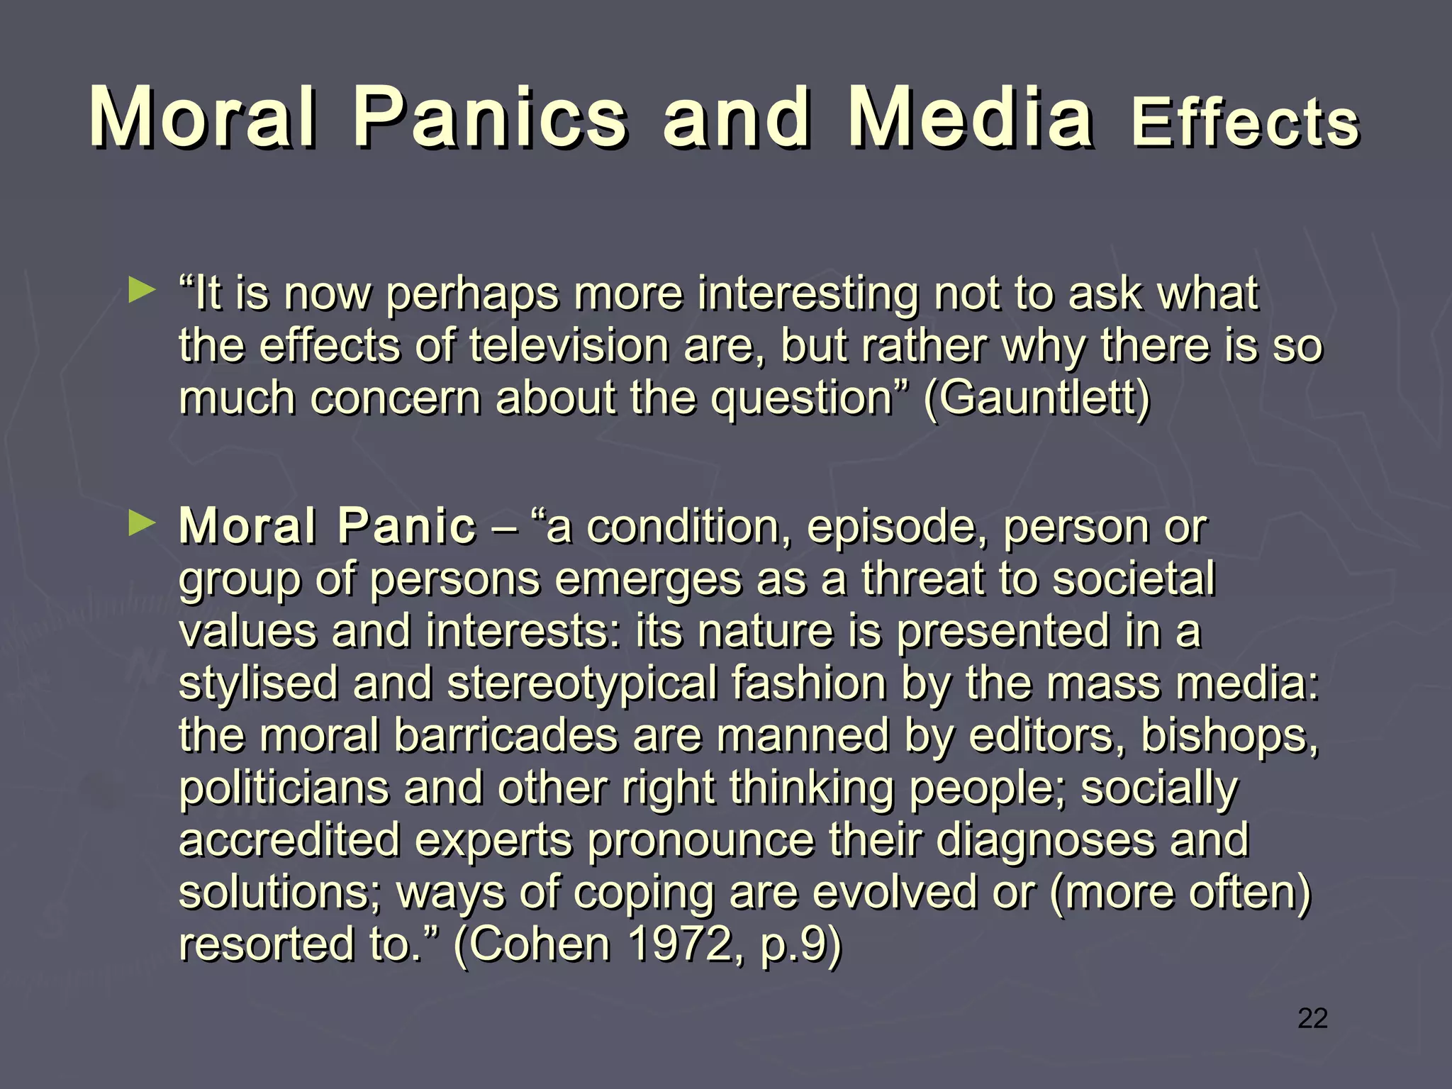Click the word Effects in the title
click(x=1245, y=123)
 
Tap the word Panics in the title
click(x=489, y=117)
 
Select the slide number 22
click(x=1312, y=1018)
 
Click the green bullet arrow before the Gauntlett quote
click(x=141, y=290)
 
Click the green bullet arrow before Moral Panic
click(x=141, y=525)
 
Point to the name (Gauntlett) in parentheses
click(x=1037, y=398)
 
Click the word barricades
click(x=506, y=735)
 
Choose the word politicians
click(x=284, y=788)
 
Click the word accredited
click(x=289, y=840)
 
